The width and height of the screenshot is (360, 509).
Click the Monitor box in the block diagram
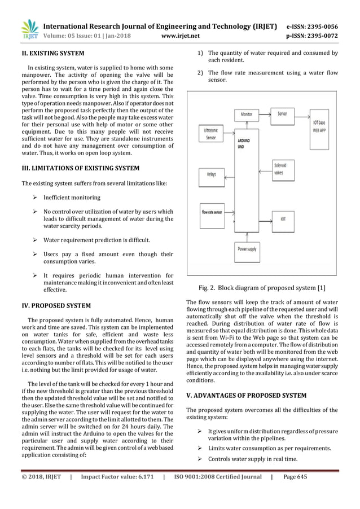(x=246, y=114)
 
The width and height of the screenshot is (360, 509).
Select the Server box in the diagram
(x=282, y=113)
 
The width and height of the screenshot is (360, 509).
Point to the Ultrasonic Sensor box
(x=210, y=134)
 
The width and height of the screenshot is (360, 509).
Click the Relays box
(x=210, y=175)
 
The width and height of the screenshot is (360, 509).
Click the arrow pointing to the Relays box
(x=228, y=175)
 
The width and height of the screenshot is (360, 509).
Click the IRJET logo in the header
(x=28, y=31)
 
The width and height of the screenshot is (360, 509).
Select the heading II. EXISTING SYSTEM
(x=53, y=54)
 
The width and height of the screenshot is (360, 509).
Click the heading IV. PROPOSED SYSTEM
(x=56, y=305)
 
